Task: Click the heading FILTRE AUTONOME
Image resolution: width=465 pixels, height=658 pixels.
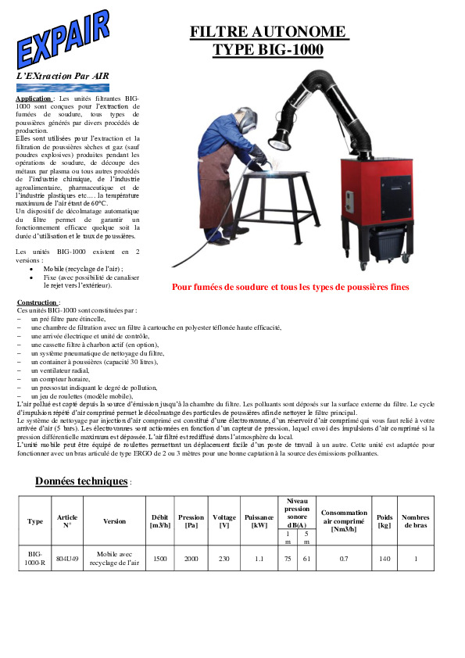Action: (x=268, y=31)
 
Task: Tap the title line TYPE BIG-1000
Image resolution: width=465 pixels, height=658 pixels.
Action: (x=268, y=50)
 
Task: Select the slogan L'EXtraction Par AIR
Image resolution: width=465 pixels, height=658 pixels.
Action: (x=63, y=76)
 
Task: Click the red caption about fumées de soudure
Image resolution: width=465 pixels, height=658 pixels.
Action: (x=290, y=287)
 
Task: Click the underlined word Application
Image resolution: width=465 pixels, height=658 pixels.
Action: (x=34, y=99)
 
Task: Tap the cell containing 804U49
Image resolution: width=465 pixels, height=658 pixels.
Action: (x=68, y=558)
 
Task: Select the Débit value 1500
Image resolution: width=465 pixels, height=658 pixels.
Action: (x=159, y=558)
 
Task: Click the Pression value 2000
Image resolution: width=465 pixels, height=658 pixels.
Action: (x=191, y=558)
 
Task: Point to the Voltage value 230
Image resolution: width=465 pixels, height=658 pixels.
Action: (x=224, y=558)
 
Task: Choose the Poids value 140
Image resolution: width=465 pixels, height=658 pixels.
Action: (x=384, y=558)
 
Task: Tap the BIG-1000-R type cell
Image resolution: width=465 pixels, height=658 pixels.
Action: (x=35, y=558)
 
